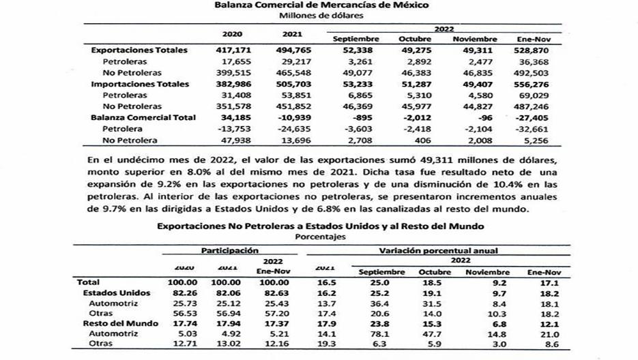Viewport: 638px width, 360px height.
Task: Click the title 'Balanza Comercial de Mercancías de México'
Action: [x=321, y=5]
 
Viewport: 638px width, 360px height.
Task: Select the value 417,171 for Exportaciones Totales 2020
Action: [x=232, y=50]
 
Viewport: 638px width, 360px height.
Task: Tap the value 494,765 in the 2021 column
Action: [x=291, y=50]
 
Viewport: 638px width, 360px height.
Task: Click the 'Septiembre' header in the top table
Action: [x=356, y=39]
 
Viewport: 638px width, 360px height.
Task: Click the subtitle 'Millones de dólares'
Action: [x=321, y=16]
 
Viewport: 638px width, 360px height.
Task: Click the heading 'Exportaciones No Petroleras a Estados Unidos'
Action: [x=321, y=225]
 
